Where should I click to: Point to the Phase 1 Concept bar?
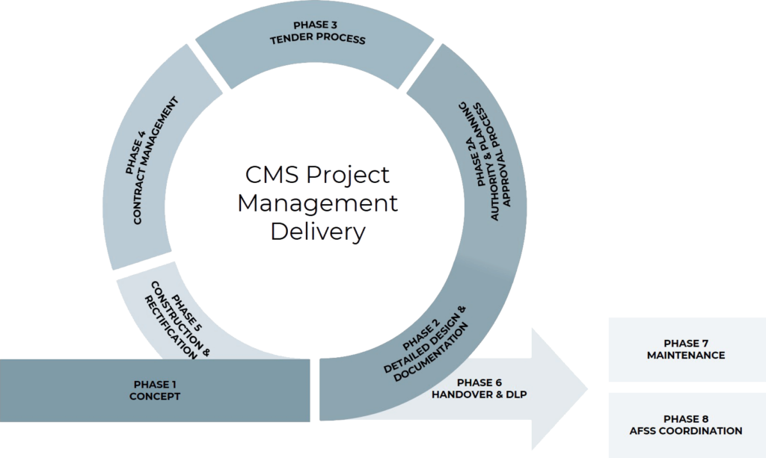(155, 391)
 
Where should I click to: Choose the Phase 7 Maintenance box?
(685, 350)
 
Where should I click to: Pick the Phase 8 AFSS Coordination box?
(685, 425)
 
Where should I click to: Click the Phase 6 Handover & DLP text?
(479, 389)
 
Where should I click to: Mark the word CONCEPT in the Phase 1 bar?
(155, 397)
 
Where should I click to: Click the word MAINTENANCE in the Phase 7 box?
(685, 356)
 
